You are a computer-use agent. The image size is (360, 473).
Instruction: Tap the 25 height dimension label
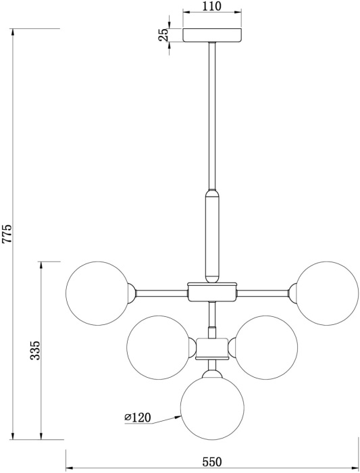tap(163, 35)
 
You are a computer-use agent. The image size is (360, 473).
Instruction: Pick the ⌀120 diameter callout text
tap(137, 418)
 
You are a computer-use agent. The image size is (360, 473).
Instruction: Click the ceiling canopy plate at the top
tap(212, 35)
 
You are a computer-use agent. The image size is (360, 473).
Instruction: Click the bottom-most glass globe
tap(211, 408)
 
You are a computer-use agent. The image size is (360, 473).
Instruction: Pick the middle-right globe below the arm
tap(267, 347)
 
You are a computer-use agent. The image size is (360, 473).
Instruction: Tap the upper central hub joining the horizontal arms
tap(212, 292)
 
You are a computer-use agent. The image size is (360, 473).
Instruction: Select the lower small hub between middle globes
tap(212, 347)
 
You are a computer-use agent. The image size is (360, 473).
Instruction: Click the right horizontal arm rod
tap(263, 293)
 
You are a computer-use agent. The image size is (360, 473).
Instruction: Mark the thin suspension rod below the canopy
tap(212, 115)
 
